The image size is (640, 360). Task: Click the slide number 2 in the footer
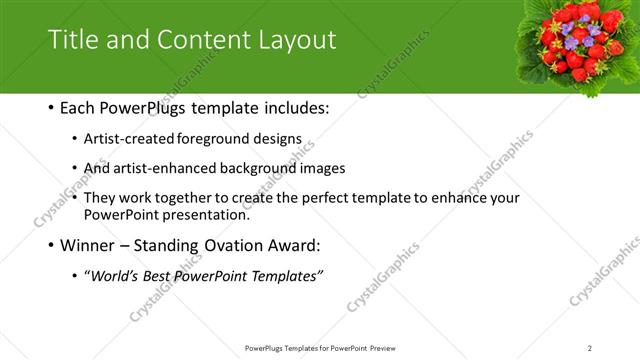tap(590, 347)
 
